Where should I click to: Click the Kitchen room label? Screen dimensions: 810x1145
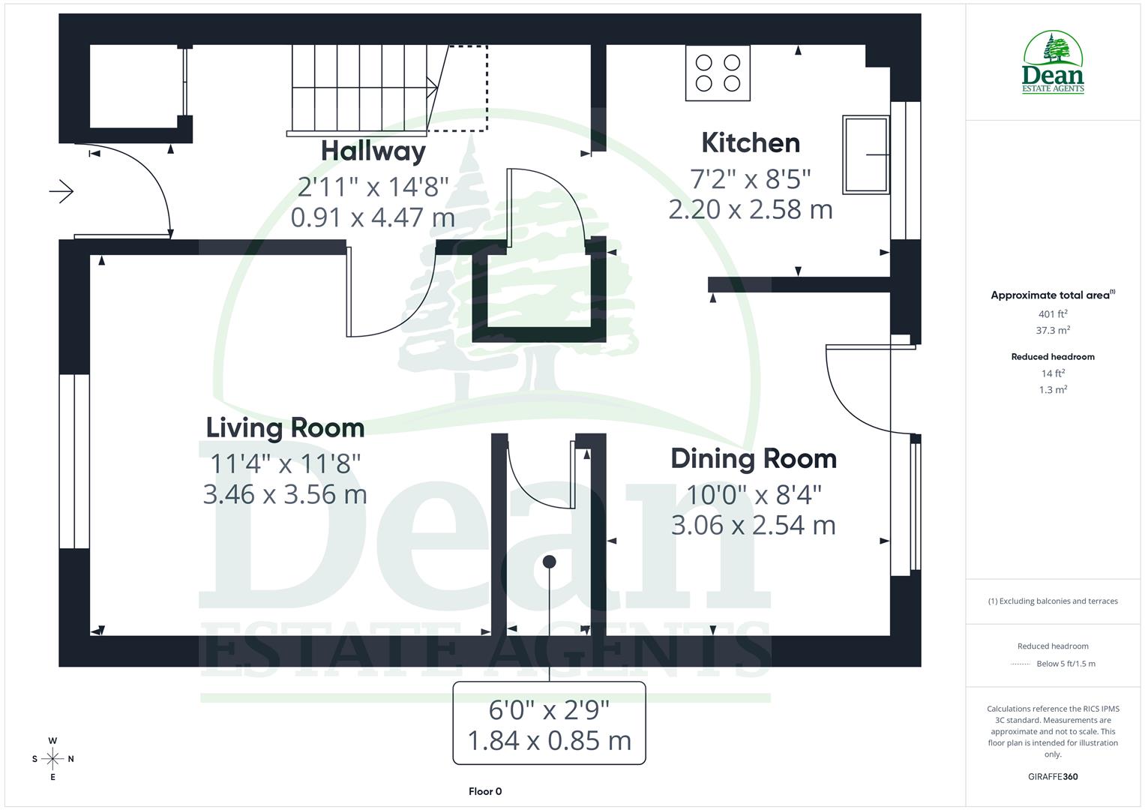[x=751, y=142]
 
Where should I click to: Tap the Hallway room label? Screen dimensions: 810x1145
[x=373, y=151]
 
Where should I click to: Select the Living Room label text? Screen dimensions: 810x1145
[x=286, y=427]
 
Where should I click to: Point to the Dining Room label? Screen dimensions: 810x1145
[x=754, y=458]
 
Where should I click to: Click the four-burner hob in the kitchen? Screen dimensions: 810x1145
[x=718, y=73]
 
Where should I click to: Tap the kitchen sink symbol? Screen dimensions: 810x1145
[x=866, y=154]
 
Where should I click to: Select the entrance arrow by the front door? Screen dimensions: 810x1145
[x=61, y=192]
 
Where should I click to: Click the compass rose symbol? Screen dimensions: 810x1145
[x=52, y=758]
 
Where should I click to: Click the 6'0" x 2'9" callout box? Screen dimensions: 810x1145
[x=549, y=724]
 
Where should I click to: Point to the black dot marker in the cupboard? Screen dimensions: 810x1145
[x=550, y=561]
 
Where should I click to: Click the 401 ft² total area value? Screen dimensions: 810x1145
[x=1053, y=314]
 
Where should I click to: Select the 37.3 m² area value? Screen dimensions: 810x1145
[x=1053, y=330]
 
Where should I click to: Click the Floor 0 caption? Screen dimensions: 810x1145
[x=485, y=791]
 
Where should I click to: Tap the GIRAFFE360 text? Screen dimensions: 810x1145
[x=1053, y=776]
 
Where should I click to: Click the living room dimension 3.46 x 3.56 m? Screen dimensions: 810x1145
[x=285, y=494]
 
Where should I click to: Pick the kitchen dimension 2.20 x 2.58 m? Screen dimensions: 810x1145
[x=751, y=209]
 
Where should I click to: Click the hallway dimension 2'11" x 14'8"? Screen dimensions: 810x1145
[x=373, y=186]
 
